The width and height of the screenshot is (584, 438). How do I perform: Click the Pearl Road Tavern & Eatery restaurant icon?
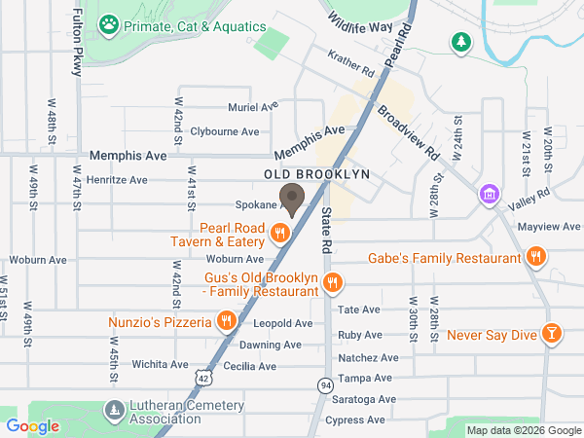click(280, 232)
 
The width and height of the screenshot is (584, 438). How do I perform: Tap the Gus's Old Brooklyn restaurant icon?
click(333, 282)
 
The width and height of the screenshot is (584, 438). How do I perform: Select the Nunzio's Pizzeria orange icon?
click(226, 320)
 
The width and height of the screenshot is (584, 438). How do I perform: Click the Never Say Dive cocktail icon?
click(552, 334)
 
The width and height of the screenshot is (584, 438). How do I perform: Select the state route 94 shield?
click(325, 387)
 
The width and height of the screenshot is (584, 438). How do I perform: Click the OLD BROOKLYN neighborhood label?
click(317, 174)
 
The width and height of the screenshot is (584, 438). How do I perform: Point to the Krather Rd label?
click(351, 65)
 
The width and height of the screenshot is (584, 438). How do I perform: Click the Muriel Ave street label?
click(253, 106)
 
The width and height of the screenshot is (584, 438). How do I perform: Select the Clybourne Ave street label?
click(225, 131)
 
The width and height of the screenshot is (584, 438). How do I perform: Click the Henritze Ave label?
click(117, 180)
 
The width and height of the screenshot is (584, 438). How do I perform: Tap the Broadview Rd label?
click(409, 132)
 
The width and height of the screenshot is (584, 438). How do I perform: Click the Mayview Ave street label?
click(549, 226)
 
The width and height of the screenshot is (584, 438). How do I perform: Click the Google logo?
click(32, 425)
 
